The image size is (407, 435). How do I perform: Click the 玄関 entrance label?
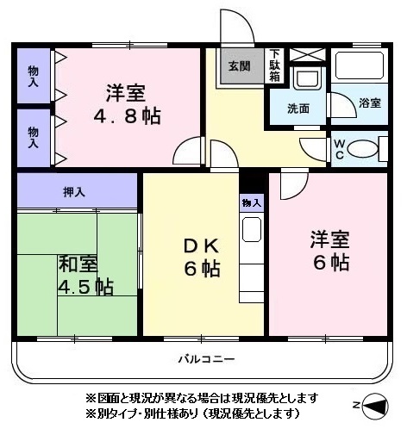[x=240, y=66]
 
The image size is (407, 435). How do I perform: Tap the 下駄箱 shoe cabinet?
[x=275, y=65]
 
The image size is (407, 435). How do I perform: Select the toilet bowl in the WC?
[x=363, y=149]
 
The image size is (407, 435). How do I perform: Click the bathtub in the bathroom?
[x=360, y=65]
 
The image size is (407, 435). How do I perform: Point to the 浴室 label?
[x=370, y=103]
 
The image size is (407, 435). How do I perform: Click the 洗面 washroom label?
[x=298, y=109]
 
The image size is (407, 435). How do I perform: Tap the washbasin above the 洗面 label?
[x=308, y=78]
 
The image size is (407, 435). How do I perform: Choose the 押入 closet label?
[x=74, y=192]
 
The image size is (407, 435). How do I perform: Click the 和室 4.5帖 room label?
[x=85, y=275]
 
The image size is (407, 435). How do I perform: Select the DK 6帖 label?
[x=202, y=261]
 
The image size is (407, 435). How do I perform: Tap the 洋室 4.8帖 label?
[x=127, y=104]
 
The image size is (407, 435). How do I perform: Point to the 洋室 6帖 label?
[x=330, y=251]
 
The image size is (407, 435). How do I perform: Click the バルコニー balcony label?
[x=206, y=359]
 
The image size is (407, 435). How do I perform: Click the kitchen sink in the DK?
[x=252, y=229]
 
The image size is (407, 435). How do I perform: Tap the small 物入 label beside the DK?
[x=252, y=203]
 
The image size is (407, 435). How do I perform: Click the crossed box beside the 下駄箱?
[x=308, y=54]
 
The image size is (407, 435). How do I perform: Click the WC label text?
[x=340, y=149]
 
